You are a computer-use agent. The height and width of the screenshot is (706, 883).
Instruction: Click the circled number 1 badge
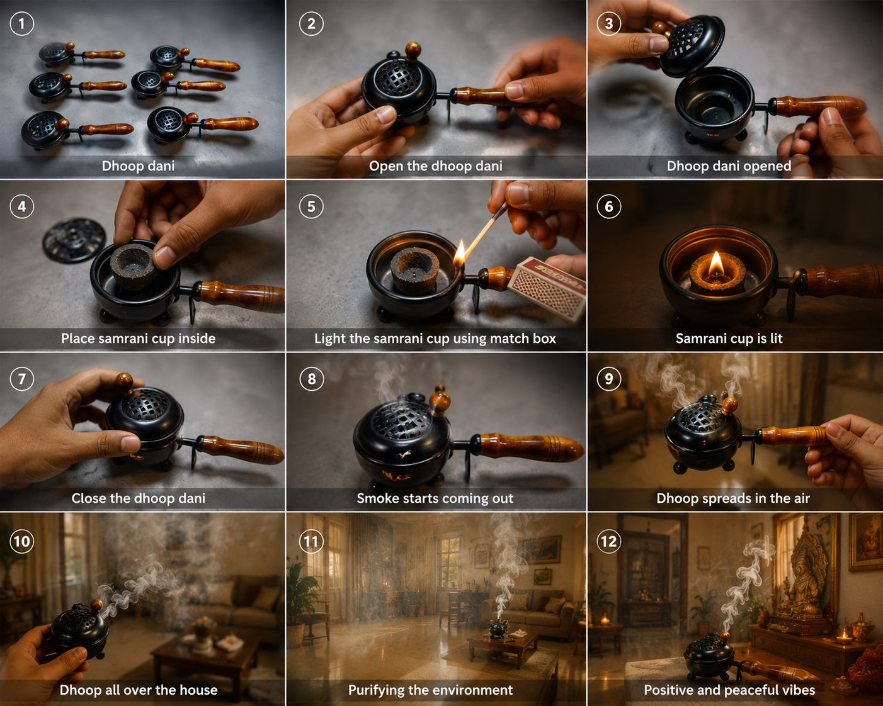(22, 24)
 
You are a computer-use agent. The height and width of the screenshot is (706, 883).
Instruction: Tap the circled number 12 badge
(609, 541)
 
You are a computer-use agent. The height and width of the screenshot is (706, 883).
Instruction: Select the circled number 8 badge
(311, 379)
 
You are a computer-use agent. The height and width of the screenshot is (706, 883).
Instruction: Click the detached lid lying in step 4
(74, 240)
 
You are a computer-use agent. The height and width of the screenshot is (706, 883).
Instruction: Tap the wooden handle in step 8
(529, 447)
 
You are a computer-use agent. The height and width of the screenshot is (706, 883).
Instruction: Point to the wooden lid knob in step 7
(124, 382)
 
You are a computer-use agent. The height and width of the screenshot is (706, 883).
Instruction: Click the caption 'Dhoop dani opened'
(729, 165)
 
